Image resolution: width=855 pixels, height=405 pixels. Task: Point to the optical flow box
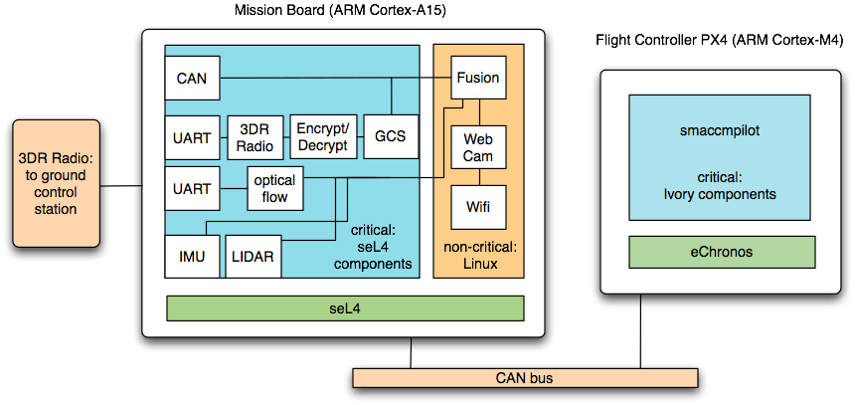click(x=274, y=188)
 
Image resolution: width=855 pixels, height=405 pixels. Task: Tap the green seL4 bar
click(x=344, y=308)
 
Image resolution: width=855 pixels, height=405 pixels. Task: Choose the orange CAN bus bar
click(x=524, y=378)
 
